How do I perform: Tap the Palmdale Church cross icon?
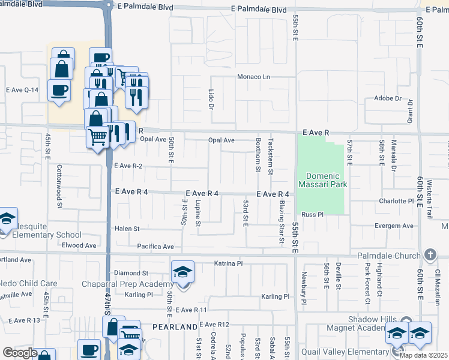click(429, 255)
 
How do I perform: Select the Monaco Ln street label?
click(253, 77)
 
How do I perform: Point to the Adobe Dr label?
click(387, 98)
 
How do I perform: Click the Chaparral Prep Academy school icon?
click(182, 272)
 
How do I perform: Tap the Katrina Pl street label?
click(228, 263)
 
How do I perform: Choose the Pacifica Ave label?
click(155, 247)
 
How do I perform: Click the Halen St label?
click(127, 229)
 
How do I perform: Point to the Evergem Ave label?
click(394, 226)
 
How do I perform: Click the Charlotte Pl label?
click(396, 201)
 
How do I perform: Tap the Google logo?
click(20, 353)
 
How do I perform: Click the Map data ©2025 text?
click(423, 355)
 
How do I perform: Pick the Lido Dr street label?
click(211, 100)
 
